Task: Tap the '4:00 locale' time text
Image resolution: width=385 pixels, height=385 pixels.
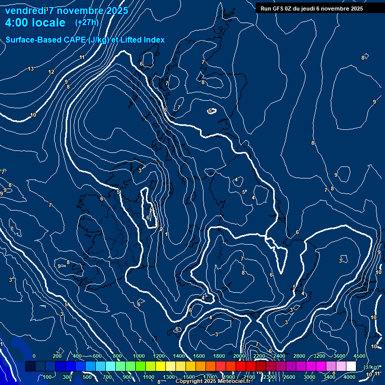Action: coord(35,23)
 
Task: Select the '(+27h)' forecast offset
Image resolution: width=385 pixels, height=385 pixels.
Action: coord(87,23)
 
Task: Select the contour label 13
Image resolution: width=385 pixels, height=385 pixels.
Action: coord(31,69)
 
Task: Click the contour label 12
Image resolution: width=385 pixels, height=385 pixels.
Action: coord(51,72)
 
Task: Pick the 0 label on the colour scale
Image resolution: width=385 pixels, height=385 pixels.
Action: coord(34,356)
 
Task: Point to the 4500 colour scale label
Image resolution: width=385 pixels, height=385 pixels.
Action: coord(359,356)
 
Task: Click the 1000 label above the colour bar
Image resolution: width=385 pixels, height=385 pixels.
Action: coord(139,356)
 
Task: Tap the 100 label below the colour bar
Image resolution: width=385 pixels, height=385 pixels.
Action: coord(47,377)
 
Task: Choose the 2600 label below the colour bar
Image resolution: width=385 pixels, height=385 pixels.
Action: coord(289,377)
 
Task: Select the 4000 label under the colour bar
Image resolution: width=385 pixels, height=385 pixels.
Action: coord(349,377)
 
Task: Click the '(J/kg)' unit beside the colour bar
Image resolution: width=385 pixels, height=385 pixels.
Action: coord(371,367)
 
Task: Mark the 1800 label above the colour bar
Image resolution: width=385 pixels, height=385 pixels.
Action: coord(219,356)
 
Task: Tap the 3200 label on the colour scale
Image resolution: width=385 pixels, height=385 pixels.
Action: coord(319,356)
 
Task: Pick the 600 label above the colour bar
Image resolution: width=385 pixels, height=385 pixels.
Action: coord(97,356)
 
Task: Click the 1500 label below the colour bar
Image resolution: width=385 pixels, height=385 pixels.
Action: coord(188,377)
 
